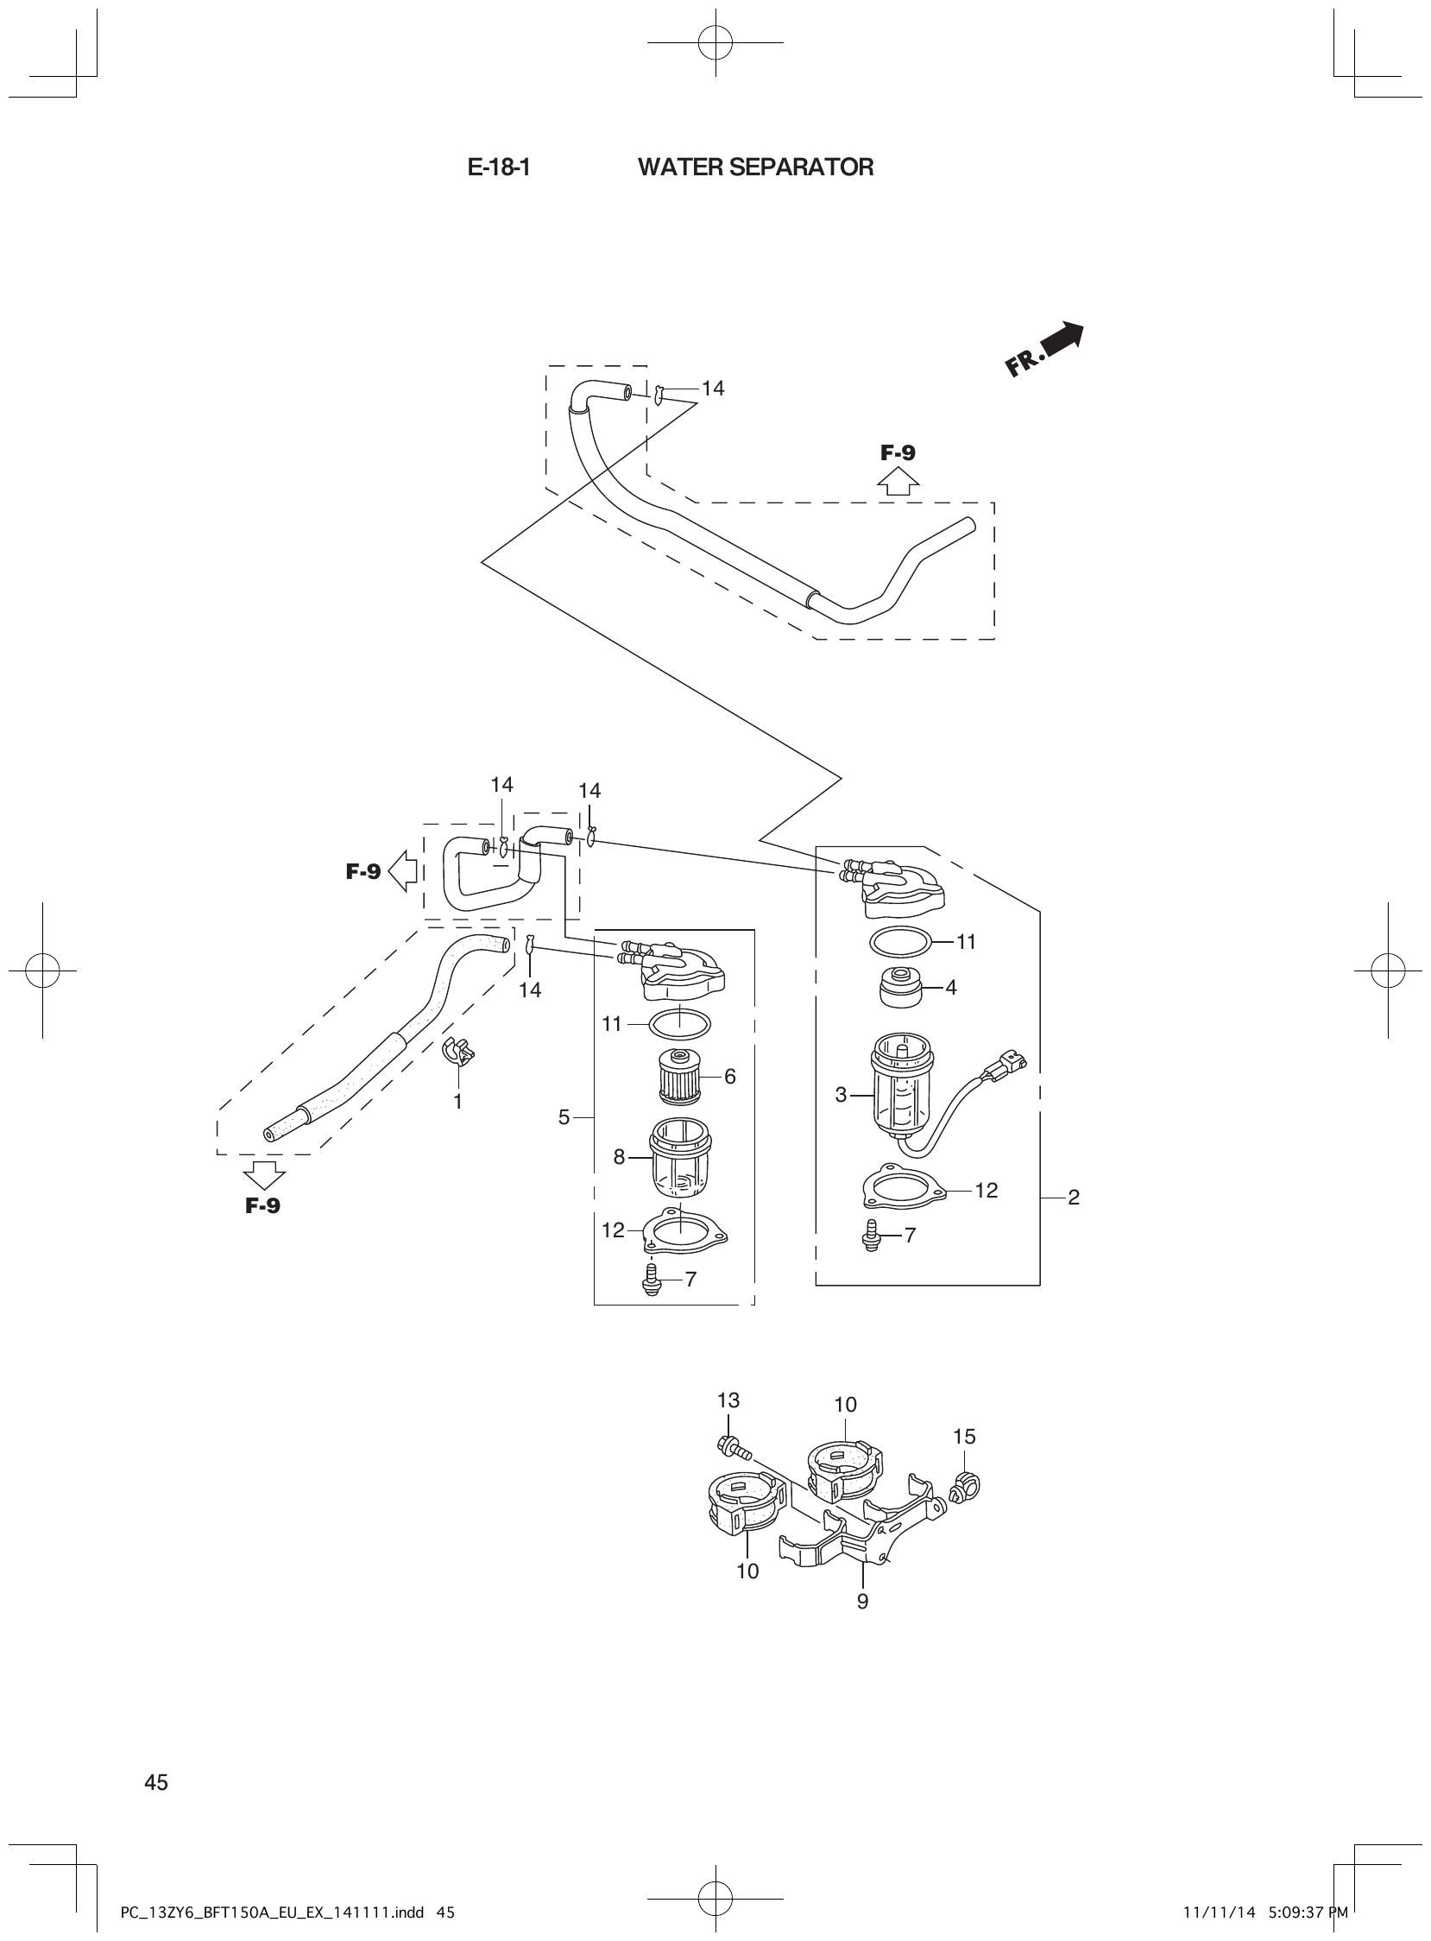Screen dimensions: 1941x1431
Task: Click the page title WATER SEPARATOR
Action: click(755, 168)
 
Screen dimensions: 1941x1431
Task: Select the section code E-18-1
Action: click(498, 168)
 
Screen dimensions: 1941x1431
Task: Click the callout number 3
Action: click(841, 1095)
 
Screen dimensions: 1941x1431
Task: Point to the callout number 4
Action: click(951, 987)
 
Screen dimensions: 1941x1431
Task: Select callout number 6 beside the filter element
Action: click(729, 1076)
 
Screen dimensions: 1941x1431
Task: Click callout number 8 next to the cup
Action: click(619, 1156)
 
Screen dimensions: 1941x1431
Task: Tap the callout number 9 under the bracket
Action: click(862, 1603)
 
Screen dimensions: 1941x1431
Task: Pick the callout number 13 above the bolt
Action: click(728, 1400)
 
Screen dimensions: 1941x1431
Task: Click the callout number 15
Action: click(964, 1437)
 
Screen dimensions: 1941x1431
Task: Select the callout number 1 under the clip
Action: click(457, 1102)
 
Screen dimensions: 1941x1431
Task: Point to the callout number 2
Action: click(1074, 1197)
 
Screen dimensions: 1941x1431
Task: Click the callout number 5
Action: click(564, 1118)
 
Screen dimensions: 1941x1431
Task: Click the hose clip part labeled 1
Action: click(459, 1051)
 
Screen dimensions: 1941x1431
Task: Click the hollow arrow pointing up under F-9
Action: click(898, 482)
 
